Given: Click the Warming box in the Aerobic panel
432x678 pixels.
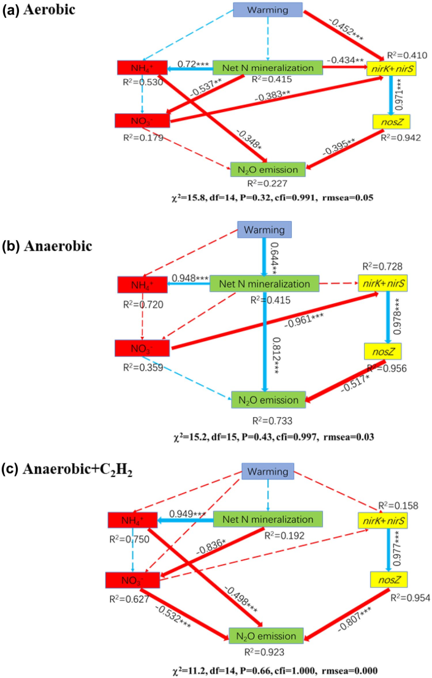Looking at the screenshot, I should [x=268, y=10].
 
